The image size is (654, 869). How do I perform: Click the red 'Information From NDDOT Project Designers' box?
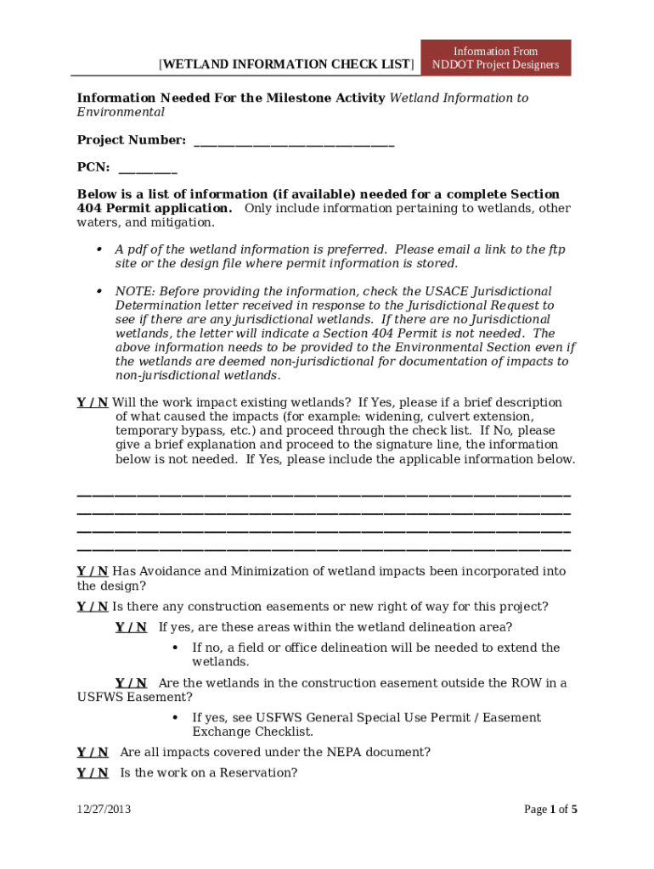496,58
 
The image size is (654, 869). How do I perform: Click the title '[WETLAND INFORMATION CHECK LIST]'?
287,64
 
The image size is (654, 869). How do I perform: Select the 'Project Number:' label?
132,139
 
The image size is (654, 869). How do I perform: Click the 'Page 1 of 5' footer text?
550,809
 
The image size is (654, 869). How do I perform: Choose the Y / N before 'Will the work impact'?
93,402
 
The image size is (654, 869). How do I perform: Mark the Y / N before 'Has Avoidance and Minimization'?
93,571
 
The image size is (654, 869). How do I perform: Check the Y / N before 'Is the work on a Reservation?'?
93,772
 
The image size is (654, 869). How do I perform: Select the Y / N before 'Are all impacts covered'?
93,752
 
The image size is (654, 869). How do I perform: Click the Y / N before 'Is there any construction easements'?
93,606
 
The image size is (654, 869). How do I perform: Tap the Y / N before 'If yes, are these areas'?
131,627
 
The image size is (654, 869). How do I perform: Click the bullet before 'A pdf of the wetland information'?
99,249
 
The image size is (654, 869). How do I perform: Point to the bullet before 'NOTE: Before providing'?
99,291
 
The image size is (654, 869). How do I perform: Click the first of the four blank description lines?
324,495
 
